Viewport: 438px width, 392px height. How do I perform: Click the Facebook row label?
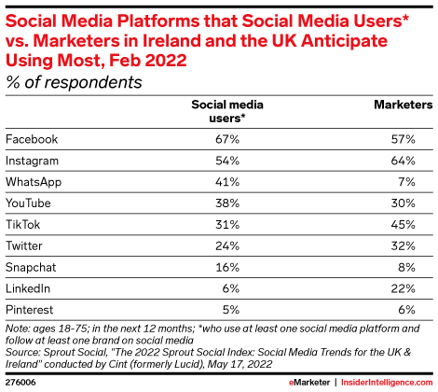click(32, 139)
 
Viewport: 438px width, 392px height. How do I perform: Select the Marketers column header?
click(404, 105)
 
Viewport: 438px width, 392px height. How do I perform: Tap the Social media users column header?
click(227, 111)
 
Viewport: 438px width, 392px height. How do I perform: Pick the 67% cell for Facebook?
click(227, 139)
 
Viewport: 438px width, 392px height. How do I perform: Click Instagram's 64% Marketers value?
click(404, 161)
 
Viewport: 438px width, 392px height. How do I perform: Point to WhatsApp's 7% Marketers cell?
click(406, 182)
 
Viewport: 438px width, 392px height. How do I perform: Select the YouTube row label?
click(28, 203)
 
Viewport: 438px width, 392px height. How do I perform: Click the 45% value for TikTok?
click(404, 225)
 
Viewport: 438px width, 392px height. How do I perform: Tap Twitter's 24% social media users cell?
click(227, 246)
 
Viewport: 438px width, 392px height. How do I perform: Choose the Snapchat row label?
click(31, 267)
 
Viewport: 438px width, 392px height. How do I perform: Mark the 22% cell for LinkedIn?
click(404, 288)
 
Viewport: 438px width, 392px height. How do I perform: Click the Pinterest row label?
click(30, 310)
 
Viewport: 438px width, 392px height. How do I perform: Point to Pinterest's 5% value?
click(231, 310)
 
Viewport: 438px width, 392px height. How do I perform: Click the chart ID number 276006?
click(21, 383)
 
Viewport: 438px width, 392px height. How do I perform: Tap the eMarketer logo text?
click(309, 383)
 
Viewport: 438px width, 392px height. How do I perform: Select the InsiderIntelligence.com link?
click(387, 383)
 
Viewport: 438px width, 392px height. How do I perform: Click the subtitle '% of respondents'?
click(74, 82)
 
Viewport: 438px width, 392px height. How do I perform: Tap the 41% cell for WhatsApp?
click(227, 182)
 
